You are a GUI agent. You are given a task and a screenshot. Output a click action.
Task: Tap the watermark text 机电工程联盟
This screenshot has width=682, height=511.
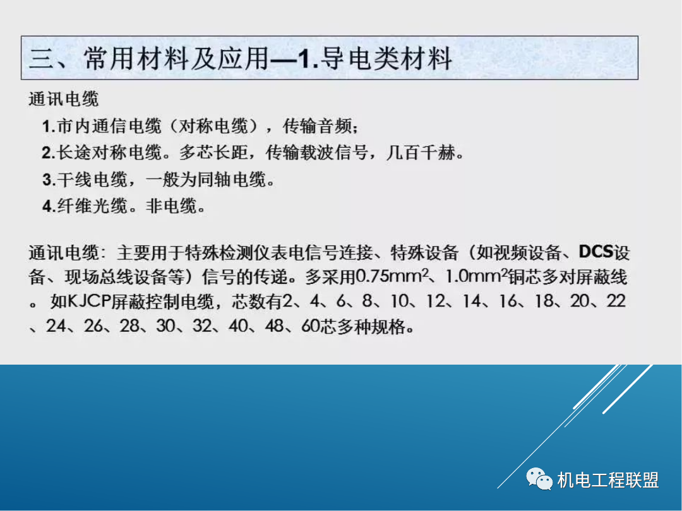pyautogui.click(x=608, y=480)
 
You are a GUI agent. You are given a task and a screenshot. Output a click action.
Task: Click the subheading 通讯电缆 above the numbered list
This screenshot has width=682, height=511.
pyautogui.click(x=64, y=99)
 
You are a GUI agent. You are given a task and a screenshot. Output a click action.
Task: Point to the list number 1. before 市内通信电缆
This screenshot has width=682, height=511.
pyautogui.click(x=49, y=127)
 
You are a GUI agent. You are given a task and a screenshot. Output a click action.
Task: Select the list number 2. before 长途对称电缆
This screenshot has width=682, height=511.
pyautogui.click(x=49, y=153)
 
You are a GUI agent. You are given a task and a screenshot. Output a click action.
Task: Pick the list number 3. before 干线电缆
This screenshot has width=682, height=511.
pyautogui.click(x=49, y=180)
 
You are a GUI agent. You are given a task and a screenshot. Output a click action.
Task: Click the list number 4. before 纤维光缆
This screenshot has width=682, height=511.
pyautogui.click(x=49, y=207)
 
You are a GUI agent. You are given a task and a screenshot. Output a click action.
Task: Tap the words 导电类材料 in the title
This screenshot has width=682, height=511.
pyautogui.click(x=387, y=59)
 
